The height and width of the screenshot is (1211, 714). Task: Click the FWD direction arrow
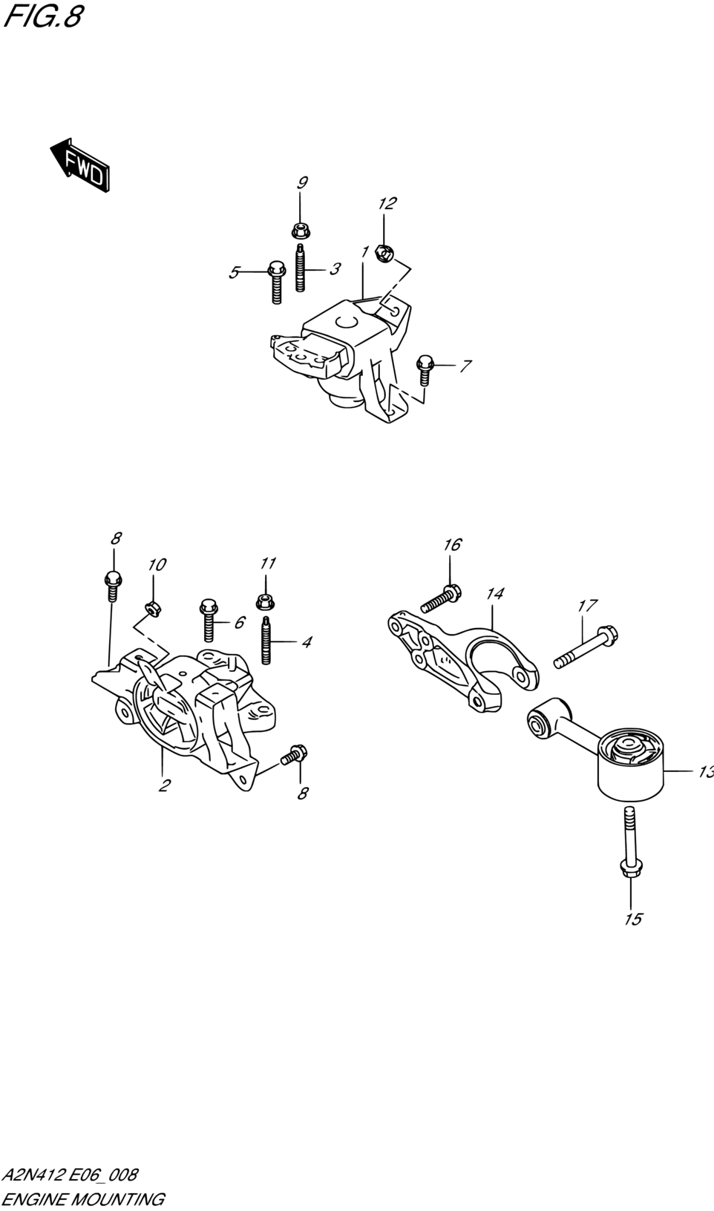81,165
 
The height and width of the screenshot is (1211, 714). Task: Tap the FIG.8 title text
43,16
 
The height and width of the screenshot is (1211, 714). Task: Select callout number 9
302,182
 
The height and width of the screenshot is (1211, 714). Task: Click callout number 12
387,203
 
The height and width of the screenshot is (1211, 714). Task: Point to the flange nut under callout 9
300,231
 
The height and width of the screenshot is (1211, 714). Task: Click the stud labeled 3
300,268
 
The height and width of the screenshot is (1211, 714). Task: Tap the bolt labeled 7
425,370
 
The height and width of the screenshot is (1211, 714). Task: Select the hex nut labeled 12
384,253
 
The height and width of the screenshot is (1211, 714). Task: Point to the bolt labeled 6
209,619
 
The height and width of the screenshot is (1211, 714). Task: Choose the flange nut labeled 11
265,601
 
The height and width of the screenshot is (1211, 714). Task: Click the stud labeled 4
266,640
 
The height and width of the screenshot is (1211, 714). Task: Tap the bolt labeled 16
441,598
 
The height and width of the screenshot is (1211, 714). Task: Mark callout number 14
495,593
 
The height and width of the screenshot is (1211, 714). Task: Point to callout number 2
165,785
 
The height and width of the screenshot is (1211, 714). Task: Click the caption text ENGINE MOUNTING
83,1198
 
